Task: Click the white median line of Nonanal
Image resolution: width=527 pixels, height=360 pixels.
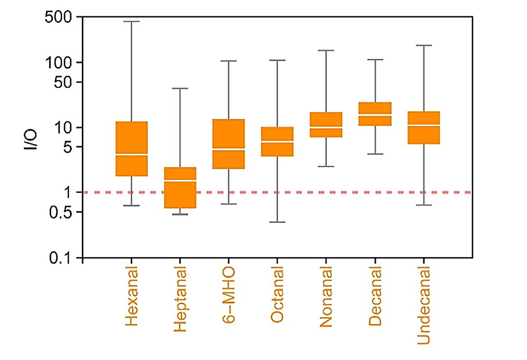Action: (x=326, y=127)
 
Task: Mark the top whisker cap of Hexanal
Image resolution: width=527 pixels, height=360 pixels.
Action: (x=132, y=21)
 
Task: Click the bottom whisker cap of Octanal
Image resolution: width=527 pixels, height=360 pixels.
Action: (x=277, y=222)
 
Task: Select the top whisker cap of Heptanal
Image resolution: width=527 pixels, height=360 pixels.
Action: (x=180, y=88)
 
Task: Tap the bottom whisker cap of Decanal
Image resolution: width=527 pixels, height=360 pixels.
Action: (x=375, y=154)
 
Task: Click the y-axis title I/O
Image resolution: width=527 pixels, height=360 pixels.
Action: (x=32, y=140)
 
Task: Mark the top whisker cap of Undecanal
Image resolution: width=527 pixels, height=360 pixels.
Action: (x=424, y=45)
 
